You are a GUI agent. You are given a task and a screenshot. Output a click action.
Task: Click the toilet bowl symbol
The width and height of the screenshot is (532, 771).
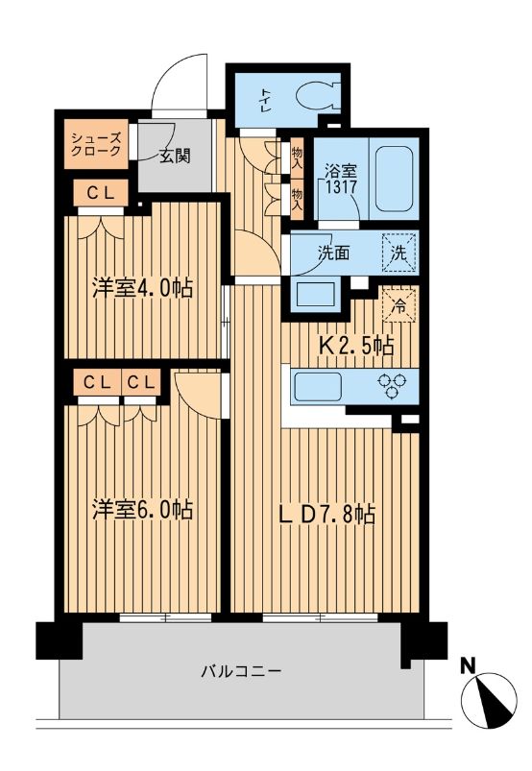coord(316,97)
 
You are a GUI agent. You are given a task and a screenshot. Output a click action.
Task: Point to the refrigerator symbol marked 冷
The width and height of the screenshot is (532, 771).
coord(399,304)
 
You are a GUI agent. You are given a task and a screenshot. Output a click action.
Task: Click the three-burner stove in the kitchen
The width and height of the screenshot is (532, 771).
coord(393,388)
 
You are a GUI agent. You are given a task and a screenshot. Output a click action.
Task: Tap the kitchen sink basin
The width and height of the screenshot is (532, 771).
coord(317,388)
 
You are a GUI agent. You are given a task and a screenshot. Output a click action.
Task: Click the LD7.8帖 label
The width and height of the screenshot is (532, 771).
coord(326,516)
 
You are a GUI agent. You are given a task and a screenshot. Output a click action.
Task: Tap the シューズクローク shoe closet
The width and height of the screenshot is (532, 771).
coord(96,144)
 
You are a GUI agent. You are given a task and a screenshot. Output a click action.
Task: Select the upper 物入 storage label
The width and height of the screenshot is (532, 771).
coord(296,157)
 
